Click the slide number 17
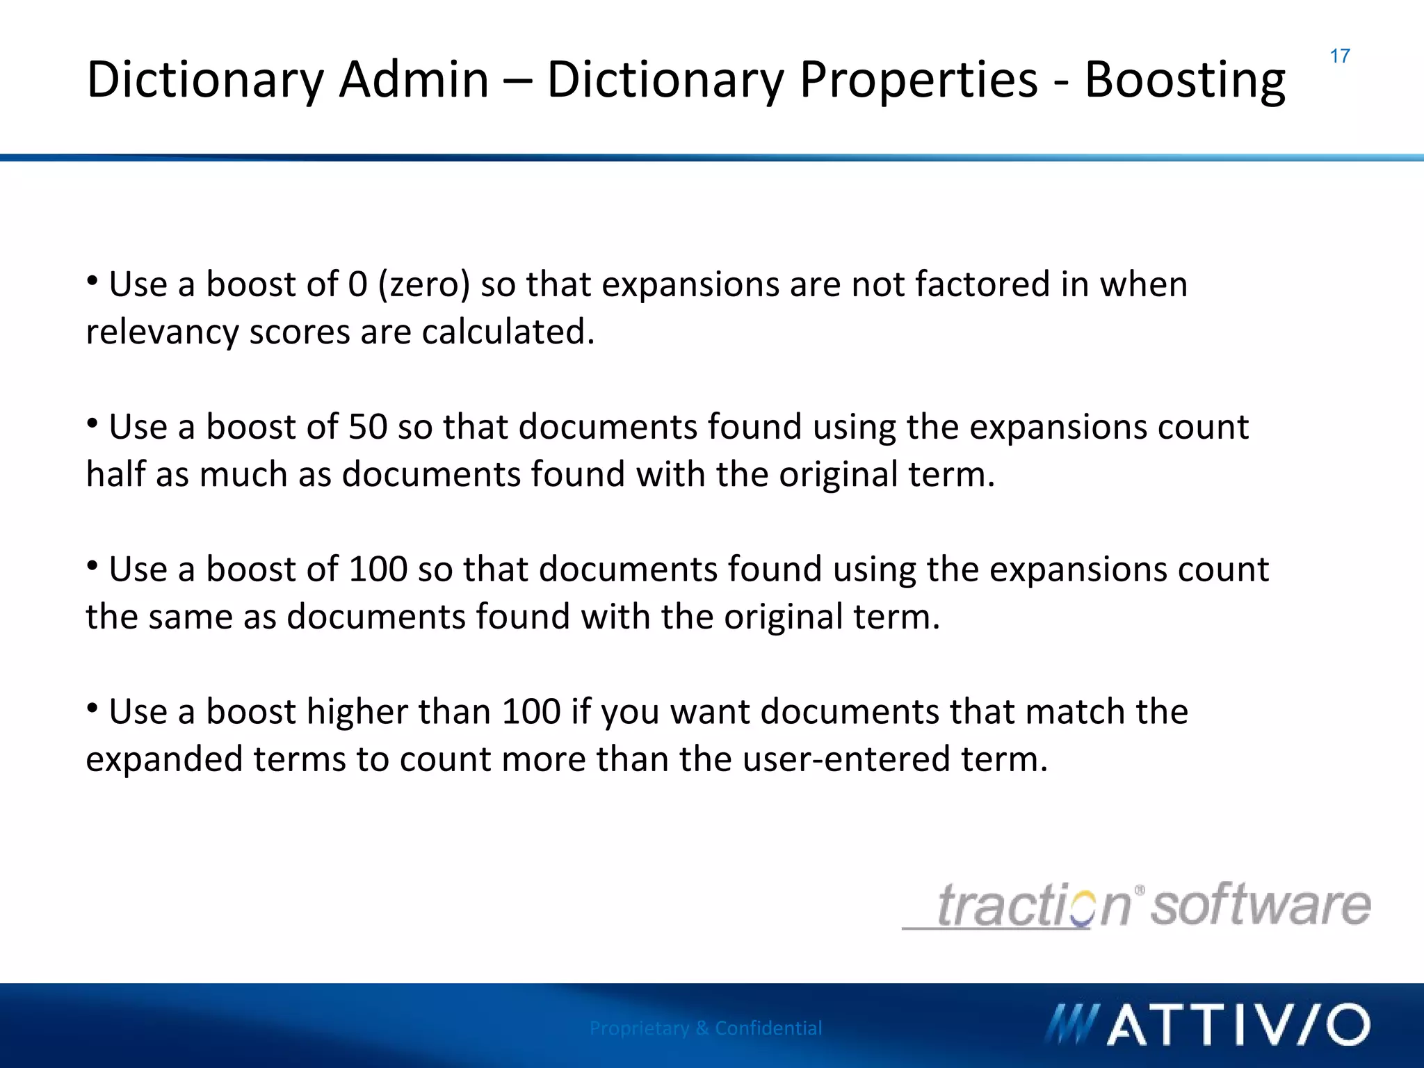[1340, 56]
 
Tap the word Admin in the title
[414, 80]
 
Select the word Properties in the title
[918, 80]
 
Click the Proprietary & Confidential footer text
[706, 1028]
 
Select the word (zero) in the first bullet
[424, 285]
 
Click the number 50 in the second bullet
[367, 427]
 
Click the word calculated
[508, 332]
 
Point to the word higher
[357, 712]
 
